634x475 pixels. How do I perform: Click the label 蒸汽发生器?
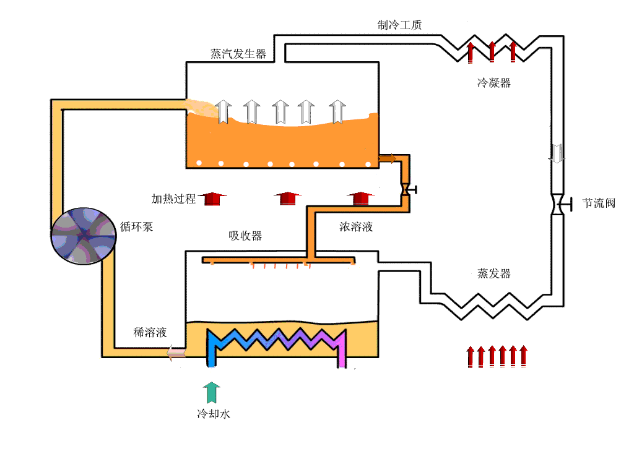click(238, 54)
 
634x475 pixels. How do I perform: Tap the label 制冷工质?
click(400, 25)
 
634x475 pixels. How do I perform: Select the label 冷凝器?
click(493, 83)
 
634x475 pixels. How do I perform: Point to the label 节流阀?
click(599, 203)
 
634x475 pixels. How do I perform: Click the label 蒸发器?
click(493, 273)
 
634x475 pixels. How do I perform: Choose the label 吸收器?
click(245, 236)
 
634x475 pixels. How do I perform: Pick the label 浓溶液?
click(356, 227)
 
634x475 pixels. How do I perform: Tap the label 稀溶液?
click(150, 332)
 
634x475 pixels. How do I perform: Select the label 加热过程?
click(174, 199)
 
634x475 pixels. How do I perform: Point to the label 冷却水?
click(214, 414)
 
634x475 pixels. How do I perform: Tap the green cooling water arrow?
click(212, 393)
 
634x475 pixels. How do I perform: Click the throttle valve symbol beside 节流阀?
click(557, 204)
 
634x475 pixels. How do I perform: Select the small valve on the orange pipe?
click(406, 189)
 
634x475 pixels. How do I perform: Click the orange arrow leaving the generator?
click(388, 159)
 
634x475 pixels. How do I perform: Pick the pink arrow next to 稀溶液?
click(176, 353)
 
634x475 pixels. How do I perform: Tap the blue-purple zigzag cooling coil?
click(276, 344)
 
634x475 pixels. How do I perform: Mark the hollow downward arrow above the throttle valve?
click(557, 153)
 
